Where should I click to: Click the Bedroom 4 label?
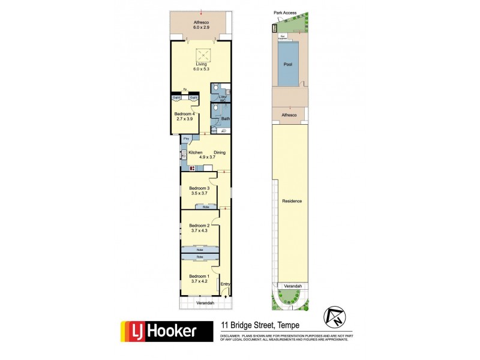[185, 113]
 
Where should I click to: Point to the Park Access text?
[285, 12]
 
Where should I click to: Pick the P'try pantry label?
[187, 139]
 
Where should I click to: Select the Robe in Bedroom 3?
[206, 207]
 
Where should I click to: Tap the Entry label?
[226, 284]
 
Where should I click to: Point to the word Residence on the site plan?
[292, 201]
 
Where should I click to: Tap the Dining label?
[220, 152]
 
